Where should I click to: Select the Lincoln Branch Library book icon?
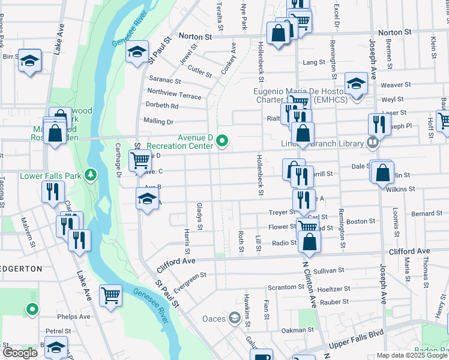pos(373,143)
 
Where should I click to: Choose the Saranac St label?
pos(164,80)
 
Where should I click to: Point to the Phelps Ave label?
pos(73,316)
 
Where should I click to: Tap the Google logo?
pos(20,353)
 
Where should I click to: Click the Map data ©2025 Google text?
pos(411,355)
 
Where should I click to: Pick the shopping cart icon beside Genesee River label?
pos(111,295)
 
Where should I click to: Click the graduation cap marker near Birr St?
pos(29,61)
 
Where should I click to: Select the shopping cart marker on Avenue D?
pos(140,160)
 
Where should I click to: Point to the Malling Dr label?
pos(158,121)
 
